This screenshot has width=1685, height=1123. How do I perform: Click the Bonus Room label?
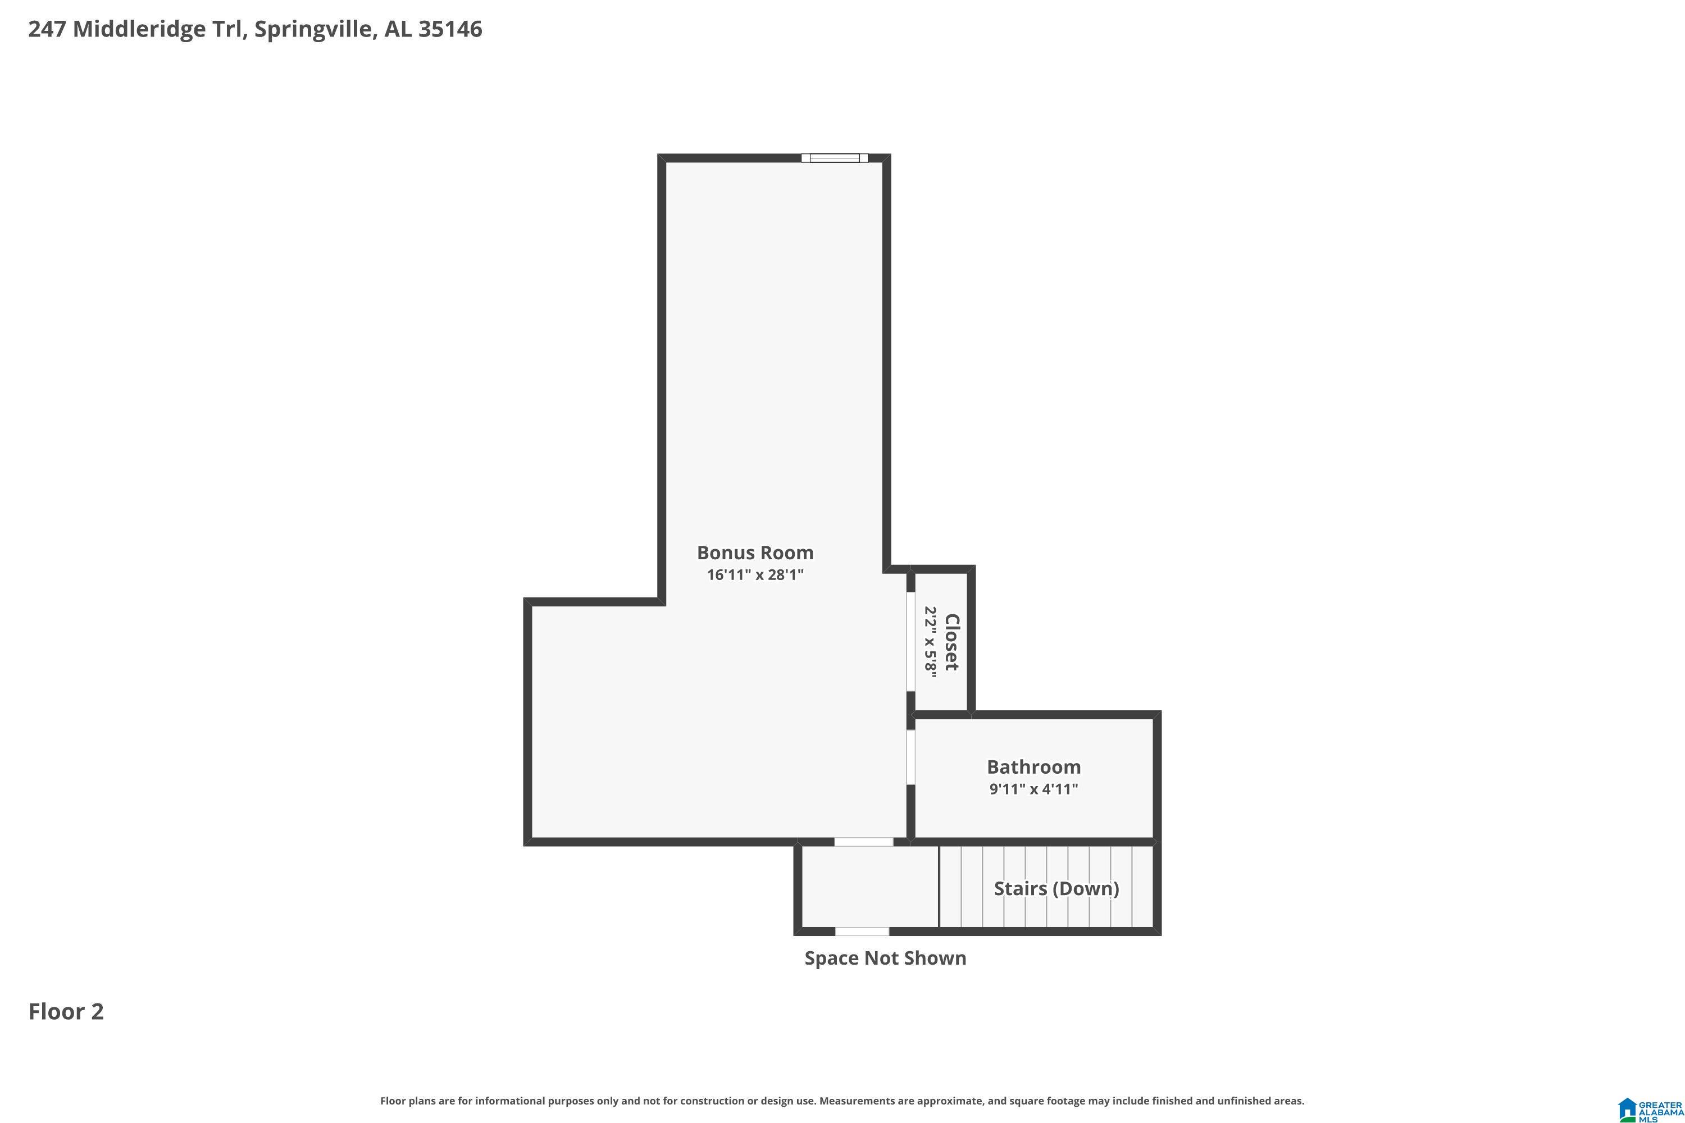coord(755,553)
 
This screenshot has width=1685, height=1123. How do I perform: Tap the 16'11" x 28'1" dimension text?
coord(755,574)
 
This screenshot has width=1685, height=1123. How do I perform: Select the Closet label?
coord(952,642)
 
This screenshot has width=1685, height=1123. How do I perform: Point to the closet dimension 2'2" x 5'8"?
coord(931,642)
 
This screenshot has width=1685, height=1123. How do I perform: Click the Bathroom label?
coord(1033,767)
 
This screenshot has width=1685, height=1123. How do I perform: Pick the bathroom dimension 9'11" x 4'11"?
coord(1033,789)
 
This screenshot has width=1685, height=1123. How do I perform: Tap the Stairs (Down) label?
coord(1056,889)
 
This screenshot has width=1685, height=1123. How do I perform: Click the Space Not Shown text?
coord(885,958)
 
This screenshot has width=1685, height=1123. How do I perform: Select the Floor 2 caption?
coord(66,1011)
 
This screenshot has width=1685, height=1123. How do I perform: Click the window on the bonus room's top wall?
coord(834,158)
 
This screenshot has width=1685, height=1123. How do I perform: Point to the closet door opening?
coord(910,642)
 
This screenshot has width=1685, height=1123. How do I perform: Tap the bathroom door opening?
coord(910,757)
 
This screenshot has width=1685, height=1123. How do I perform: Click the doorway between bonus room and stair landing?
coord(863,842)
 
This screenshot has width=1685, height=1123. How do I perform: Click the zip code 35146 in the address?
coord(450,29)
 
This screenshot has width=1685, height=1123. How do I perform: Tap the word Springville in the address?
coord(314,29)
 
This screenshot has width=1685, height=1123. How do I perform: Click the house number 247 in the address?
coord(47,29)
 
